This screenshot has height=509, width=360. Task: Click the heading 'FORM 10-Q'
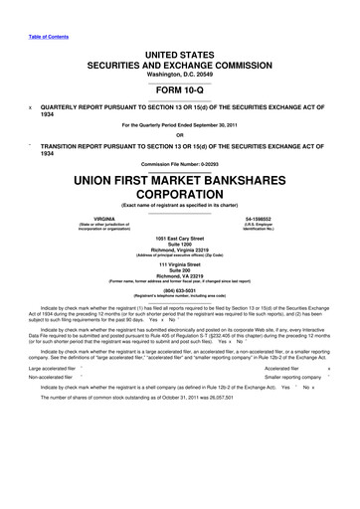[x=180, y=85]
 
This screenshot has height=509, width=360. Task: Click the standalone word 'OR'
[x=180, y=136]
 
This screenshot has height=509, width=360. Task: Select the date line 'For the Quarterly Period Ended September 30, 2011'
[x=180, y=124]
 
